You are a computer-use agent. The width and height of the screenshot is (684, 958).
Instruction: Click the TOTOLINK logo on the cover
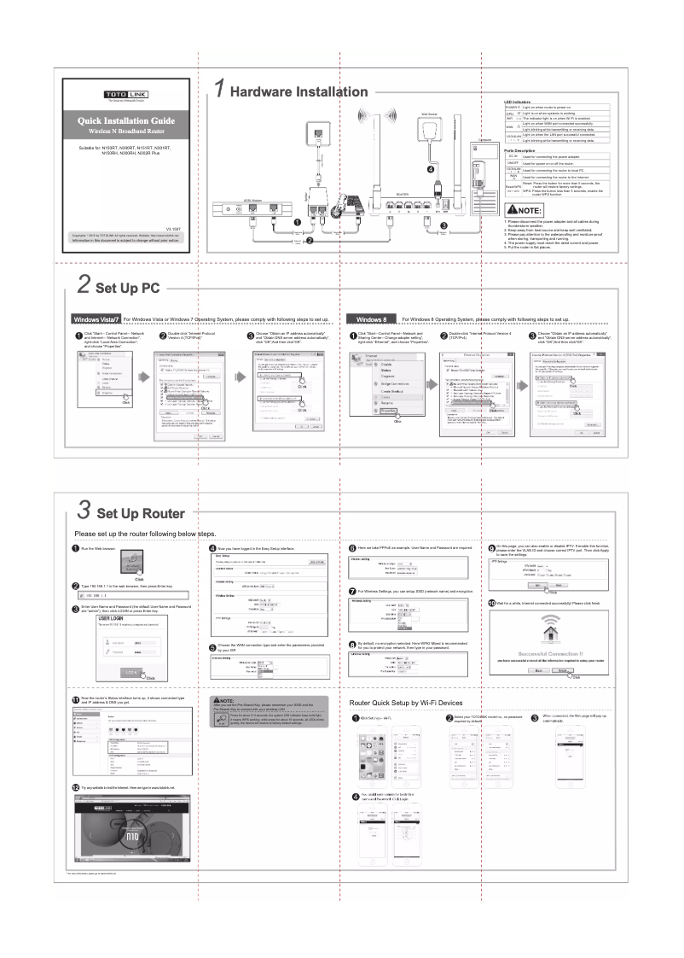(125, 95)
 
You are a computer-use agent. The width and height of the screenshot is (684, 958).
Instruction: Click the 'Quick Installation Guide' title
(126, 120)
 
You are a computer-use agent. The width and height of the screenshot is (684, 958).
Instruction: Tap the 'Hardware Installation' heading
(299, 91)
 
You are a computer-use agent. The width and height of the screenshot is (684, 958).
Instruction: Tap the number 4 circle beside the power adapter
(431, 169)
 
